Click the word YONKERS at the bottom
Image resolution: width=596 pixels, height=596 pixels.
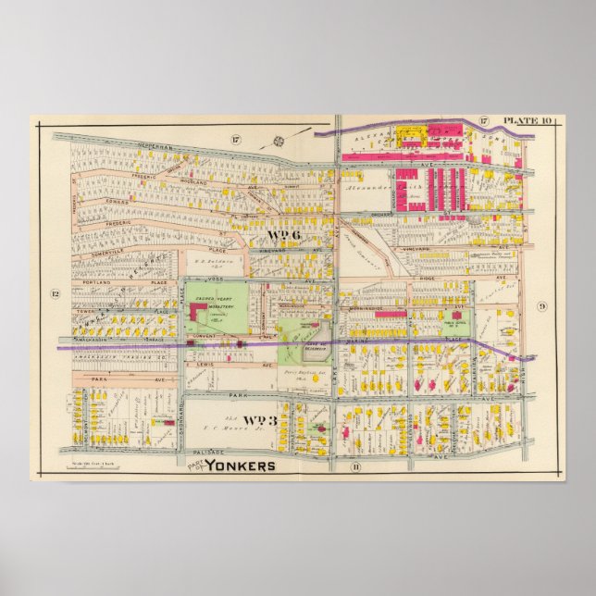[240, 466]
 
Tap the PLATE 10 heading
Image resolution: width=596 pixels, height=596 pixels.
[525, 121]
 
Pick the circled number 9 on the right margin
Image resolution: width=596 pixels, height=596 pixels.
[542, 306]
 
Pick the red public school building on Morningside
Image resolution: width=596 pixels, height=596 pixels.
[391, 315]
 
